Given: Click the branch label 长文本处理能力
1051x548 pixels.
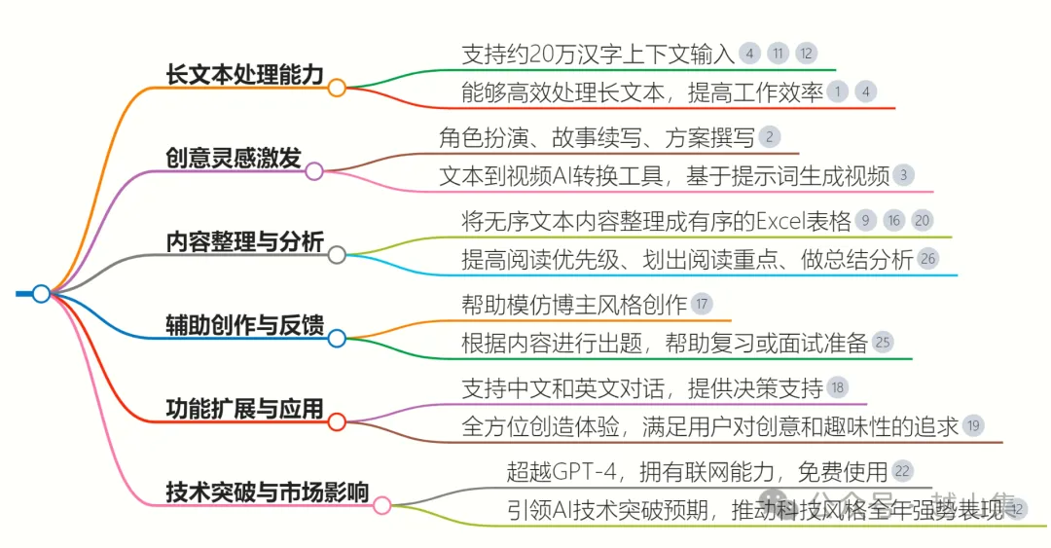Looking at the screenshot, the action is [244, 74].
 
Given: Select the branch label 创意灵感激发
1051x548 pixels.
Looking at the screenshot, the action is [233, 158].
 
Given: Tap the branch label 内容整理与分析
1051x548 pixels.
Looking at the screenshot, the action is [244, 241].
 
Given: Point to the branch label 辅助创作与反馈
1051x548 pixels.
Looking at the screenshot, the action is [244, 325].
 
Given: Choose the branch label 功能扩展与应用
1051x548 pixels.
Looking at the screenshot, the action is [244, 409].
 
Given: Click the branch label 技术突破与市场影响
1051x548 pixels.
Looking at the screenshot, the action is [268, 493].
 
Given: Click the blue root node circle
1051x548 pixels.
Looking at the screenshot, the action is [41, 293].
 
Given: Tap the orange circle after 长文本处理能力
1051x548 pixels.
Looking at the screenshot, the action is [337, 88].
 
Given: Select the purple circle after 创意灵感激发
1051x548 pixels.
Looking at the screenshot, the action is [314, 171].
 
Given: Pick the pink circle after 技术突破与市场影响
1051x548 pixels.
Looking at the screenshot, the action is [382, 505].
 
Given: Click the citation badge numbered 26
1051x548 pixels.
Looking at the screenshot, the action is [928, 259].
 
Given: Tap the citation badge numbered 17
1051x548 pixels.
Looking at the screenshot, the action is [702, 304].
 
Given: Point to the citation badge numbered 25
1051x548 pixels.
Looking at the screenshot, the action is [883, 343].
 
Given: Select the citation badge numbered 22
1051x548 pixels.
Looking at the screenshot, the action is [902, 472].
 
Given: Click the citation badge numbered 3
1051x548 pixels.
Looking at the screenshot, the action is [904, 175].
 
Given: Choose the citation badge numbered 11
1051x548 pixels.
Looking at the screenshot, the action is [778, 54].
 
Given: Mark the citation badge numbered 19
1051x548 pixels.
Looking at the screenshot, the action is [973, 425].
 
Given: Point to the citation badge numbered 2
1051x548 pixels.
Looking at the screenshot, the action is [769, 137].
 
